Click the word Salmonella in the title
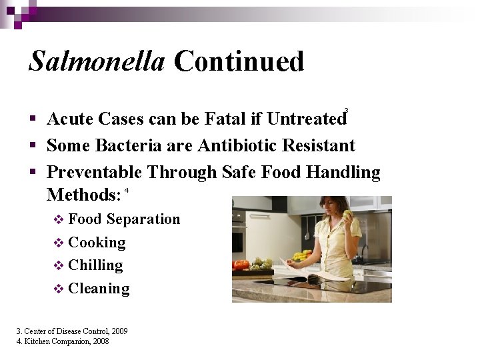click(x=97, y=61)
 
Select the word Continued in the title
click(x=239, y=61)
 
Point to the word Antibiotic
click(x=235, y=146)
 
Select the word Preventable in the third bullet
click(x=94, y=173)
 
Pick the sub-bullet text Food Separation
click(x=124, y=219)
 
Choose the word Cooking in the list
click(x=97, y=243)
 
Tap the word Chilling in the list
click(x=95, y=265)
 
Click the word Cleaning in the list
click(x=99, y=289)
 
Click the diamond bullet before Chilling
click(x=58, y=266)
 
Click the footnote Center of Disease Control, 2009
click(x=72, y=331)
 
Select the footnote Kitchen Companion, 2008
click(x=63, y=341)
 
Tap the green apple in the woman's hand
click(x=347, y=215)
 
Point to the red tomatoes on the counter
click(x=241, y=265)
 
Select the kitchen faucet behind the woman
click(x=364, y=250)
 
